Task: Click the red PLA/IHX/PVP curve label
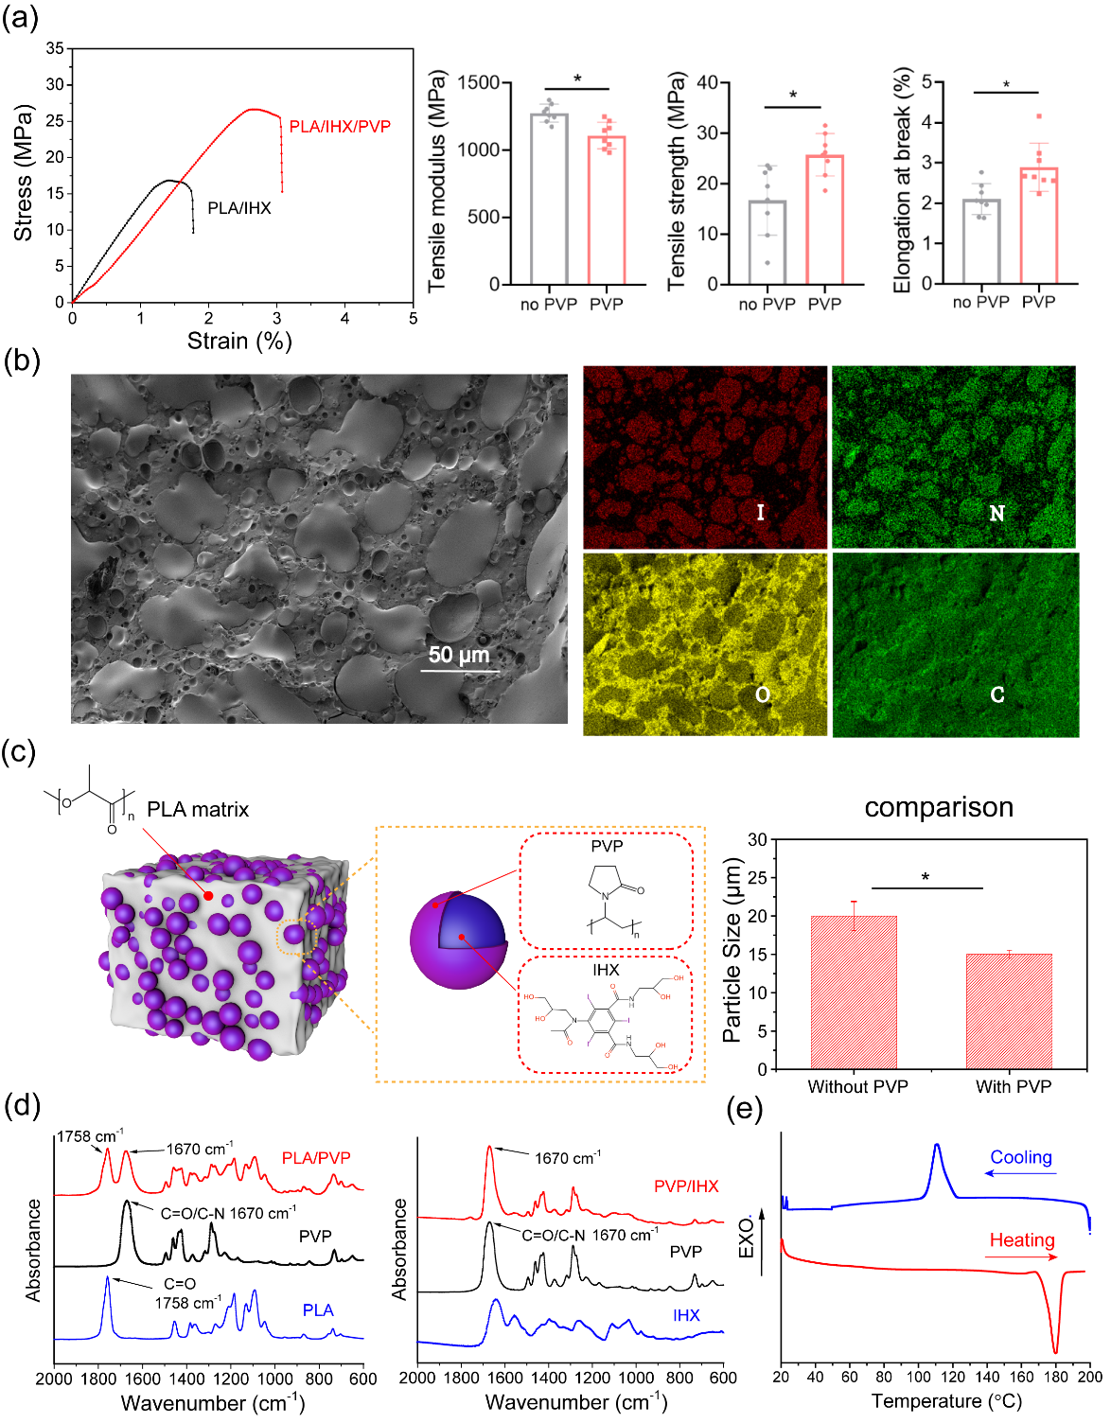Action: click(340, 127)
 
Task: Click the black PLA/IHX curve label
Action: click(238, 208)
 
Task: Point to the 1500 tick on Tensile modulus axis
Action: click(479, 83)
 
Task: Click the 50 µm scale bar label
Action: click(459, 655)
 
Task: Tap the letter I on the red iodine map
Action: click(760, 513)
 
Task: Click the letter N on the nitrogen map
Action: click(996, 514)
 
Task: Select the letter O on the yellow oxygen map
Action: click(763, 695)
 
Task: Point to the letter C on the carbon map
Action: click(997, 695)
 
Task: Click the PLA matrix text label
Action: click(198, 810)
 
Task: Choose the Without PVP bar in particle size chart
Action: click(854, 992)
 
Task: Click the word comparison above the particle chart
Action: click(939, 807)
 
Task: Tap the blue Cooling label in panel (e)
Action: click(1021, 1157)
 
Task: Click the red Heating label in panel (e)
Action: click(1022, 1240)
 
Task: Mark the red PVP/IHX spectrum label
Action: click(686, 1186)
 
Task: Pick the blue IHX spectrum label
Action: click(686, 1315)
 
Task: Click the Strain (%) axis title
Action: click(239, 341)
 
